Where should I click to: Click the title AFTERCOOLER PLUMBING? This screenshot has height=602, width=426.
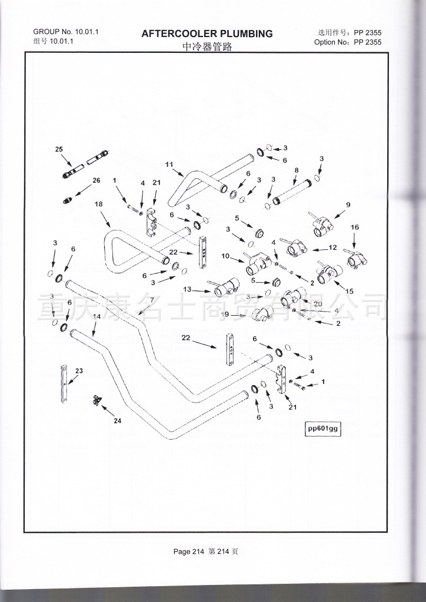tap(207, 34)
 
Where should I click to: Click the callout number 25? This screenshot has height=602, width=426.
tap(59, 150)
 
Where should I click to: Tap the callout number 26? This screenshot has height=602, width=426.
tap(96, 180)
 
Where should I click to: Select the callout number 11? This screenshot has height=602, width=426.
tap(169, 165)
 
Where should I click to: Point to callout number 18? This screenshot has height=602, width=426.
tap(99, 204)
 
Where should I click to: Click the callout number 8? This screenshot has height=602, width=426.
tap(296, 170)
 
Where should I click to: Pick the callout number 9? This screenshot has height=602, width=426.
tap(348, 205)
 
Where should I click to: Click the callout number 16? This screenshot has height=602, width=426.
tap(354, 228)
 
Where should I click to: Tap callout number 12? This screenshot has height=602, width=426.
tap(332, 248)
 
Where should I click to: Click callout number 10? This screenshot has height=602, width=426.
tap(225, 256)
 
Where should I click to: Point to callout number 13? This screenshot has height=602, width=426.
tap(187, 289)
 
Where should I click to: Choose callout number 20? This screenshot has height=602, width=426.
tap(318, 304)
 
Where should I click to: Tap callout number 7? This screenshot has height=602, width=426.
tap(151, 300)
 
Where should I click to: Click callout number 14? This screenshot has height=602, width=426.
tap(97, 317)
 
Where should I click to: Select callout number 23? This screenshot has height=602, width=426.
tap(79, 371)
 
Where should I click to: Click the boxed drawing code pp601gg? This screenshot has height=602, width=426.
tap(323, 429)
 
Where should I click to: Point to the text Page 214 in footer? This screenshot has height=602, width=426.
tap(188, 551)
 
